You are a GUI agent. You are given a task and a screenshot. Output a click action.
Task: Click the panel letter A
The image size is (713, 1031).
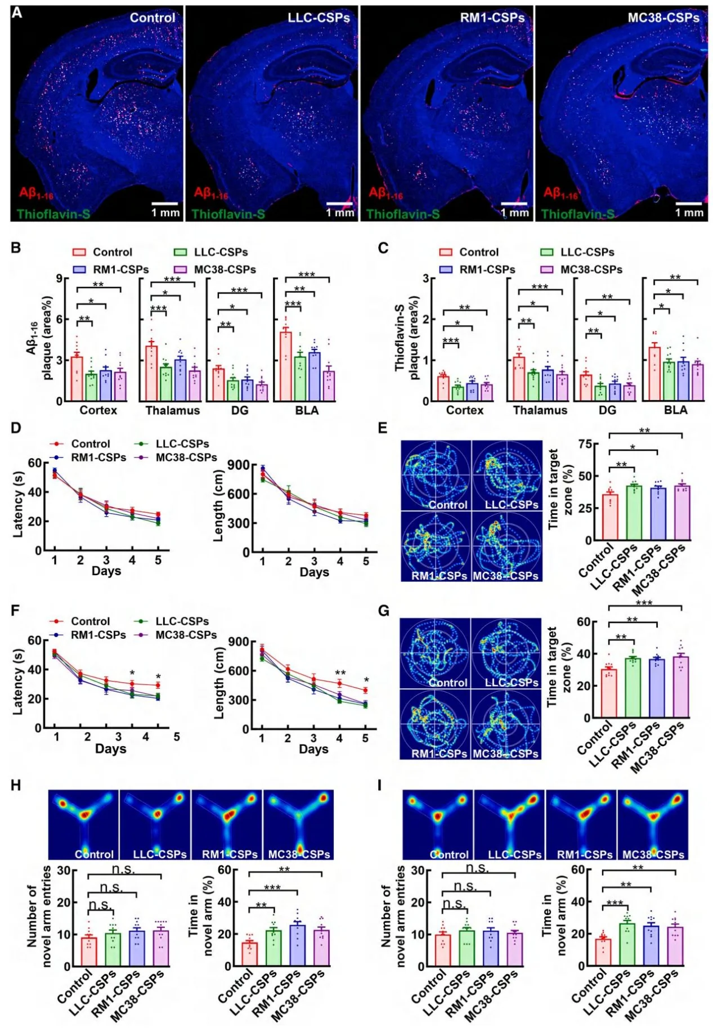17,12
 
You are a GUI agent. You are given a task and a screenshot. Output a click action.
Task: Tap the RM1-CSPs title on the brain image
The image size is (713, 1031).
492,18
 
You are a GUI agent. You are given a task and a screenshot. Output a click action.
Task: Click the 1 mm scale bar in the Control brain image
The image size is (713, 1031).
165,204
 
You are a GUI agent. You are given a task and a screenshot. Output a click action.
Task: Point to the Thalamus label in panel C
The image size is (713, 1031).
540,410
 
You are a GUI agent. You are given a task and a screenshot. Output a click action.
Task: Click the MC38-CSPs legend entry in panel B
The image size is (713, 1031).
225,270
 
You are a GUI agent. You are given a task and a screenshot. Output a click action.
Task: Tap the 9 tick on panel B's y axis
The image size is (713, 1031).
59,279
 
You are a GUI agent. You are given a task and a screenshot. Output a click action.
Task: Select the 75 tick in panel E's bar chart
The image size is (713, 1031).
585,445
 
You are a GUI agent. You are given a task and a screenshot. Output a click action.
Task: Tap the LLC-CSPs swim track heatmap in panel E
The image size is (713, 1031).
506,476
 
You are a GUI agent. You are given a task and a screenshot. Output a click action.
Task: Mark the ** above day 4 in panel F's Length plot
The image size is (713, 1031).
340,673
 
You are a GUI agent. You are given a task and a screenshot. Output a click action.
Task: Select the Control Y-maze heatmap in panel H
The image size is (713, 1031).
83,824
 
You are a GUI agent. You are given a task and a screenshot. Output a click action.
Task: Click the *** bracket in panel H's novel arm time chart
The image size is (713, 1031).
272,888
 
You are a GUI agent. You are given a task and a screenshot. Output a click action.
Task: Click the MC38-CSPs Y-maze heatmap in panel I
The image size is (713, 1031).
653,824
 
